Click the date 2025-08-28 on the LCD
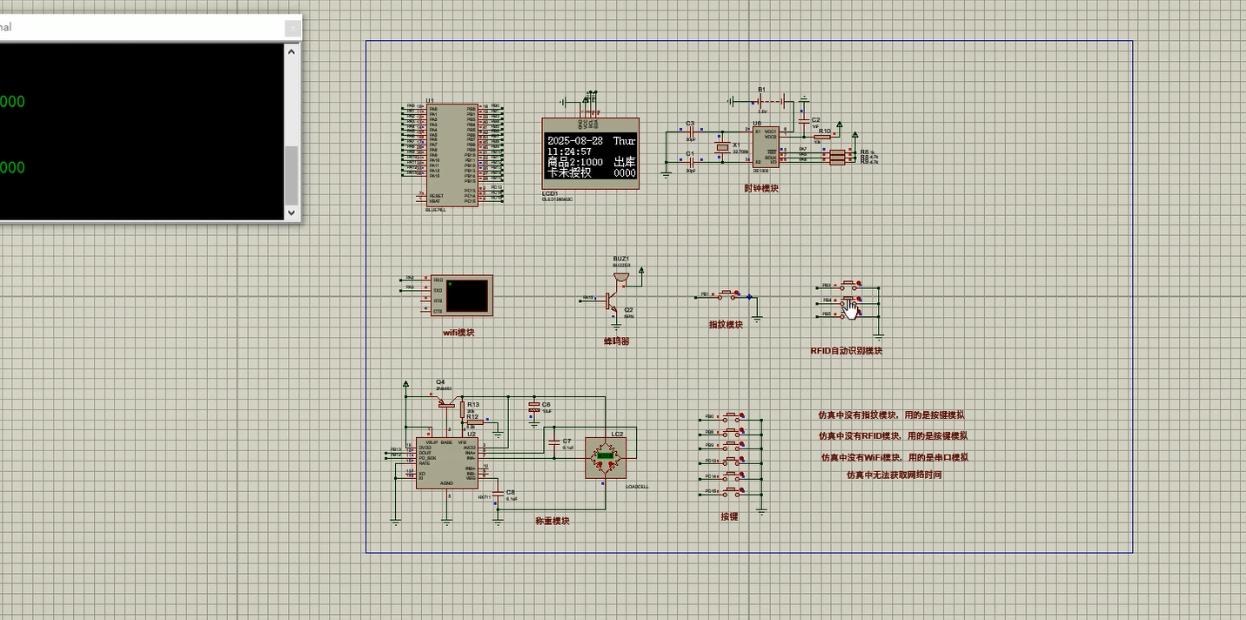(x=575, y=140)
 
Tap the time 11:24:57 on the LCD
(x=569, y=152)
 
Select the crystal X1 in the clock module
(x=721, y=149)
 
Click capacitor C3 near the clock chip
(x=693, y=132)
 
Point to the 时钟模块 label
(x=761, y=188)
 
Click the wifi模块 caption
(x=459, y=332)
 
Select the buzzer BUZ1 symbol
(x=620, y=277)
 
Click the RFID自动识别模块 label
(x=846, y=351)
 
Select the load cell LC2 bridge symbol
(x=605, y=456)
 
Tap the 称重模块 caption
(x=553, y=521)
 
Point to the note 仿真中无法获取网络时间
(x=894, y=475)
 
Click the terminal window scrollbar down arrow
(x=291, y=212)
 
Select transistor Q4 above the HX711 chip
(x=446, y=401)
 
